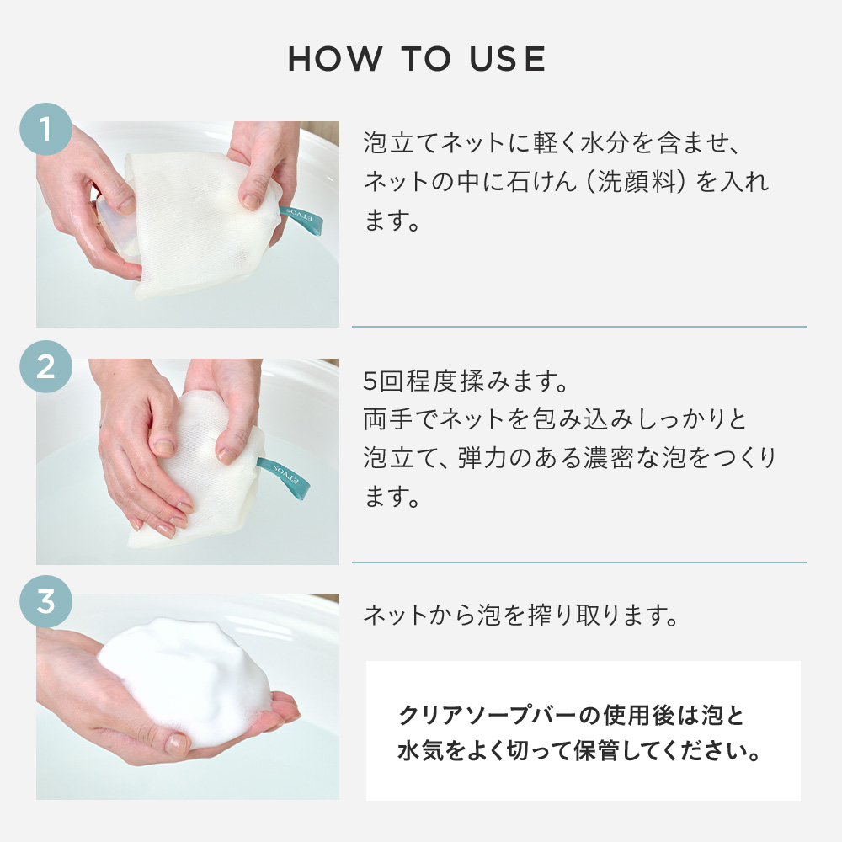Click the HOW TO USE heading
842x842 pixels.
(x=418, y=59)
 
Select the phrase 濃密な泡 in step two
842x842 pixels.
(x=647, y=459)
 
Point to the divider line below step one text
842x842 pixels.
(x=578, y=327)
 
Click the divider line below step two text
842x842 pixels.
(x=578, y=562)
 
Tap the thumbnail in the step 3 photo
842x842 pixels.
(x=176, y=743)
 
